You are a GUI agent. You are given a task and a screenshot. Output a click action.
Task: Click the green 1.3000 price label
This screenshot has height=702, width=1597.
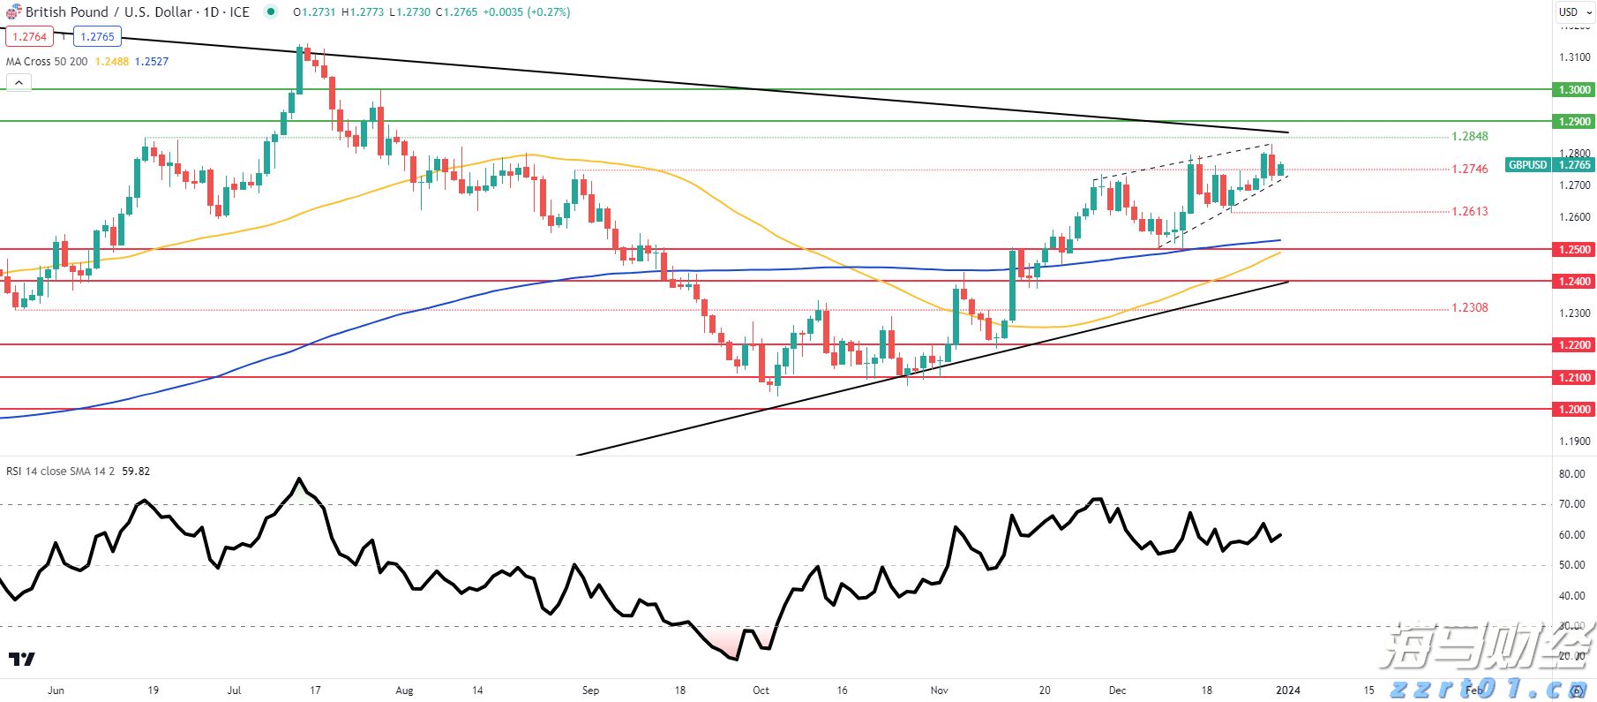point(1573,90)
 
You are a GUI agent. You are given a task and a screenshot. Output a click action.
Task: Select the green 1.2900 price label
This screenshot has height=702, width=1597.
point(1573,122)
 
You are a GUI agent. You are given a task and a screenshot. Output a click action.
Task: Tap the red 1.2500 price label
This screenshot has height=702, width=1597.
point(1573,250)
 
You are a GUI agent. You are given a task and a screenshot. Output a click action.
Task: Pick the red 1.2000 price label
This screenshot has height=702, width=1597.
point(1573,410)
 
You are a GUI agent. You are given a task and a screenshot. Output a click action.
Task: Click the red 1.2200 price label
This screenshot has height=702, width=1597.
point(1573,345)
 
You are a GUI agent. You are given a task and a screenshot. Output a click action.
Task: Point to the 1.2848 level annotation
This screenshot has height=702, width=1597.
point(1469,137)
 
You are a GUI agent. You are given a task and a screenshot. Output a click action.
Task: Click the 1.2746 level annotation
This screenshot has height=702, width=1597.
point(1469,169)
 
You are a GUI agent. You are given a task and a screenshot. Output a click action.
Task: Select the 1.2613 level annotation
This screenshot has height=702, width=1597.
point(1469,212)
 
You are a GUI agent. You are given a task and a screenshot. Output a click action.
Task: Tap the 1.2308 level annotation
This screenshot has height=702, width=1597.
point(1469,308)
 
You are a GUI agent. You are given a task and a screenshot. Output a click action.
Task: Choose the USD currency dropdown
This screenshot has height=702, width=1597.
point(1574,12)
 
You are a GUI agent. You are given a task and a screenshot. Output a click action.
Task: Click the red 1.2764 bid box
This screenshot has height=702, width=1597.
point(30,37)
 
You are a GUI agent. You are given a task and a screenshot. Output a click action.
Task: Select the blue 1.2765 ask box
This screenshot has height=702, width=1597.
point(97,37)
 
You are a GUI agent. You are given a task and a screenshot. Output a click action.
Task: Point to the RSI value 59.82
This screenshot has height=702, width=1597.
point(136,472)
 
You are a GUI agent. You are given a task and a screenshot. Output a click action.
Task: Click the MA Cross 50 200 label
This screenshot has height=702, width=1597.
point(47,62)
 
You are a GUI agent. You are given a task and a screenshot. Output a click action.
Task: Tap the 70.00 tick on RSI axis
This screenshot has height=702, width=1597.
point(1571,505)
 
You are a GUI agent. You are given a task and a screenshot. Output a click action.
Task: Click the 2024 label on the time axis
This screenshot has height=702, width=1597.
point(1288,691)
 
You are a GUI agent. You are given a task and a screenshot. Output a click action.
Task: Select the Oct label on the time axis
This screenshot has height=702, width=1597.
point(761,691)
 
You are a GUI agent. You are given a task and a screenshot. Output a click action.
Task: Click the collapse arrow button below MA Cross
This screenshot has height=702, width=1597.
point(19,83)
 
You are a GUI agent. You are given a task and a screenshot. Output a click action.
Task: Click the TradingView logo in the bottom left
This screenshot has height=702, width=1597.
point(22,660)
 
